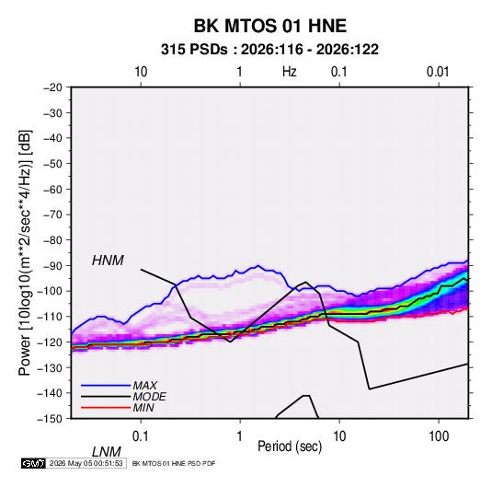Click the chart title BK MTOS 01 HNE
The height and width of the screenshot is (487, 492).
coord(269,26)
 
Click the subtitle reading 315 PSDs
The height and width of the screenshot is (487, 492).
coord(194,50)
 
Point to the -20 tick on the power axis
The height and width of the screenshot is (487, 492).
coord(52,87)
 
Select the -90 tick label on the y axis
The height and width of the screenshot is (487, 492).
coord(52,265)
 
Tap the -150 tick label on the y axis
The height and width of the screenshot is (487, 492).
coord(50,419)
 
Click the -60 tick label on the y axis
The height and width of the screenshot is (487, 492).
coord(52,189)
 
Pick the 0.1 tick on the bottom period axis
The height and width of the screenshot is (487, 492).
coord(141,436)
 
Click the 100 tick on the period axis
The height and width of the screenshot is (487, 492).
coord(439,436)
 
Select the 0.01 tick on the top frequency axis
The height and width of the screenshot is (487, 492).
coord(438,72)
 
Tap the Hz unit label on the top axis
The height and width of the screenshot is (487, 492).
coord(290,72)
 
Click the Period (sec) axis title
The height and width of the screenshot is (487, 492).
coord(290,446)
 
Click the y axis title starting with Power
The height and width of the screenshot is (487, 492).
coord(25,252)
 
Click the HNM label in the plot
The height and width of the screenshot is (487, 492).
coord(108,261)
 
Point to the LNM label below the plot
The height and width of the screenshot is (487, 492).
coord(106,452)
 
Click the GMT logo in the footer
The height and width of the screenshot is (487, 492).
coord(34,463)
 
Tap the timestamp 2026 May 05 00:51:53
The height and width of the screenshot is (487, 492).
coord(86,463)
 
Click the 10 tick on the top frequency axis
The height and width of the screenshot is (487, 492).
coord(141,72)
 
